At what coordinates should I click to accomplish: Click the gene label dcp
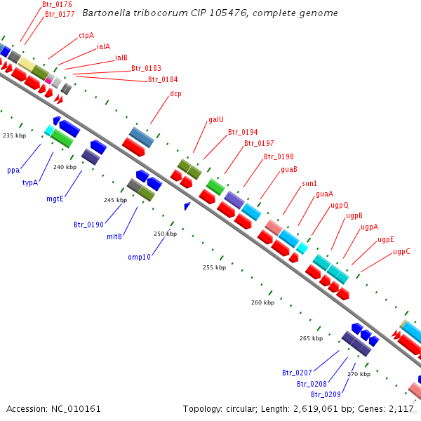[x=175, y=93]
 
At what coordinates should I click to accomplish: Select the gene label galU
[x=216, y=119]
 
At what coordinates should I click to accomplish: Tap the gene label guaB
[x=289, y=169]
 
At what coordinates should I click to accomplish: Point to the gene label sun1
[x=309, y=183]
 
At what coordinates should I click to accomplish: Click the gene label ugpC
[x=401, y=251]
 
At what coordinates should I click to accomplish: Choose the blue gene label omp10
[x=139, y=257]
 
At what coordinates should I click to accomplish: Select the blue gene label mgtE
[x=55, y=199]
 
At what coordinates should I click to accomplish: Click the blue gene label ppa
[x=13, y=170]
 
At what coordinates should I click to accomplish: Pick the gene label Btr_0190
[x=88, y=225]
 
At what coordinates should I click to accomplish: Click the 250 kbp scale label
[x=165, y=234]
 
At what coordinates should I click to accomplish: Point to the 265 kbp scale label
[x=310, y=338]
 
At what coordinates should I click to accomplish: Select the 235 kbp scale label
[x=14, y=135]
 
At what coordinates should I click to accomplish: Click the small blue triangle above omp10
[x=187, y=206]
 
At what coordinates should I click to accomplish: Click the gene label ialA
[x=103, y=46]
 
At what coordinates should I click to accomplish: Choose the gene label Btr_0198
[x=279, y=156]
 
